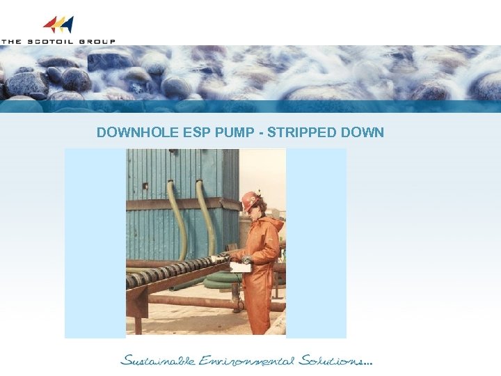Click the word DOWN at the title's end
pyautogui.click(x=364, y=132)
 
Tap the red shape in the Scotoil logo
pyautogui.click(x=50, y=25)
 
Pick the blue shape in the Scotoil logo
pyautogui.click(x=67, y=25)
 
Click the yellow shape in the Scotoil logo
pyautogui.click(x=59, y=25)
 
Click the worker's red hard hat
pyautogui.click(x=249, y=200)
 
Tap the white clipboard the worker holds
pyautogui.click(x=240, y=267)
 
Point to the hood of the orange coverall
pyautogui.click(x=272, y=226)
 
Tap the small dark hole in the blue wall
pyautogui.click(x=145, y=186)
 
